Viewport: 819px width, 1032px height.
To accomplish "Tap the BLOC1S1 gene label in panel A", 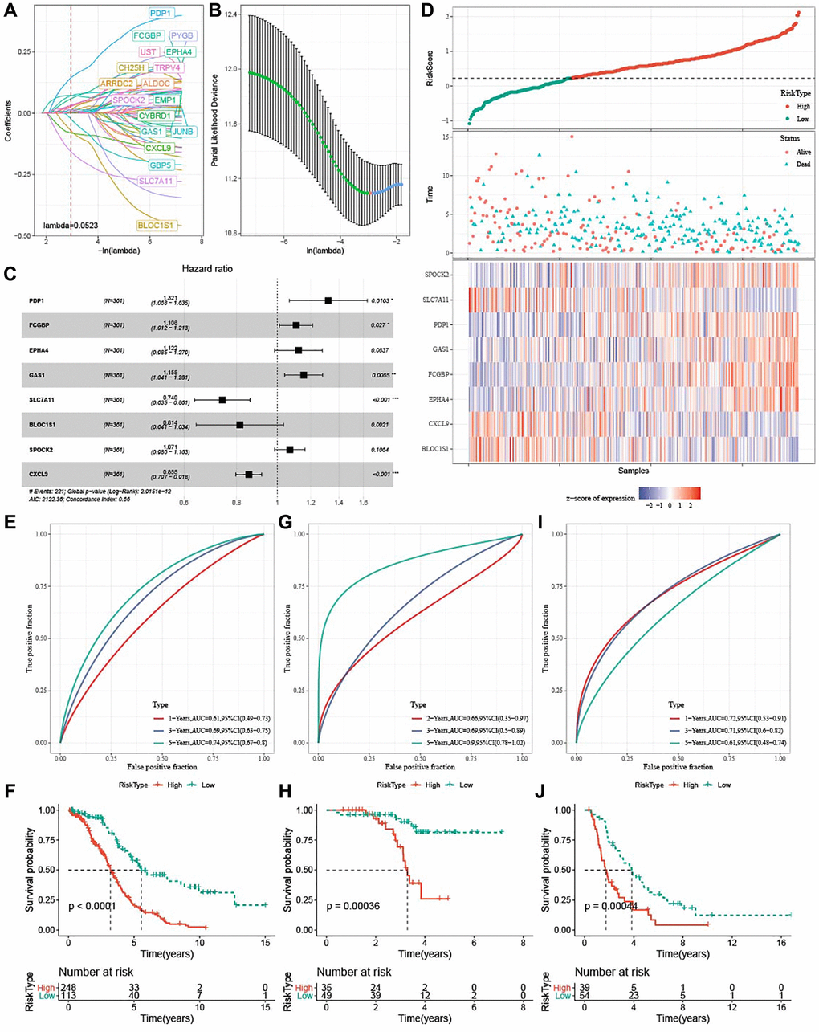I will (x=157, y=226).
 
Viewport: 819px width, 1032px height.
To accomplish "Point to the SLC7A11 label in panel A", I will (x=157, y=182).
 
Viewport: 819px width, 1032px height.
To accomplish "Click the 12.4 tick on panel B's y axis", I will (x=230, y=14).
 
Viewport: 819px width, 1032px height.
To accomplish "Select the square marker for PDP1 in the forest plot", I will (x=328, y=300).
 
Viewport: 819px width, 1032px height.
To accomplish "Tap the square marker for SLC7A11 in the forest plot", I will (x=222, y=399).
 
